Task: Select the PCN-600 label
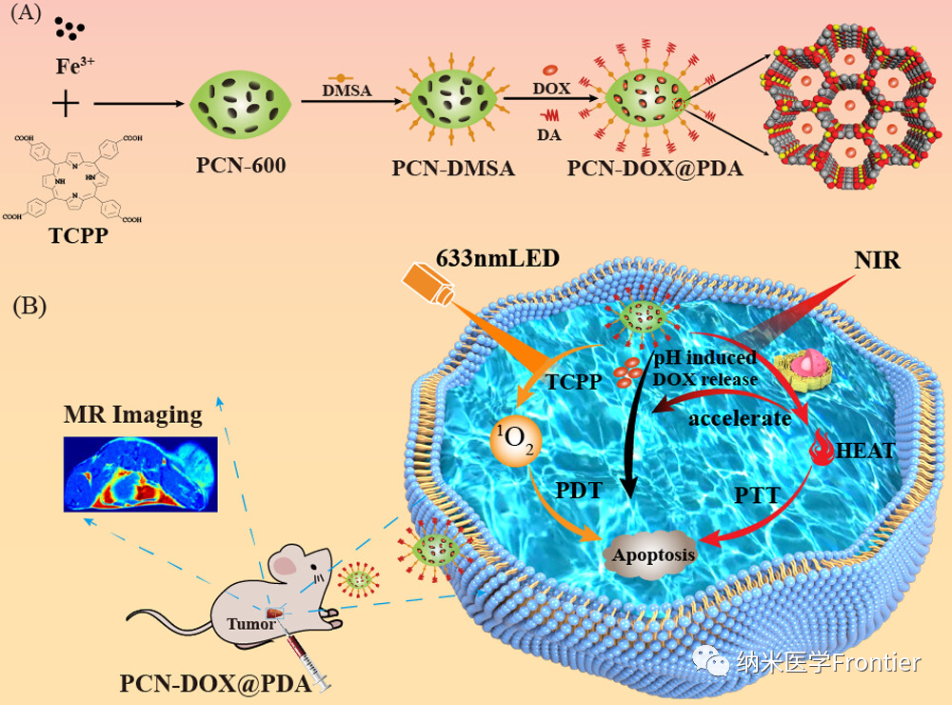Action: coord(241,165)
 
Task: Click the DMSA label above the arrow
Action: coord(347,91)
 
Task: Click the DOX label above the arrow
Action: coord(551,89)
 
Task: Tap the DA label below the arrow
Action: coord(548,135)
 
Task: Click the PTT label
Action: coord(759,495)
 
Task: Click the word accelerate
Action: coord(741,418)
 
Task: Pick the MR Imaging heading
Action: coord(132,415)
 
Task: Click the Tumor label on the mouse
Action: coord(251,624)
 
